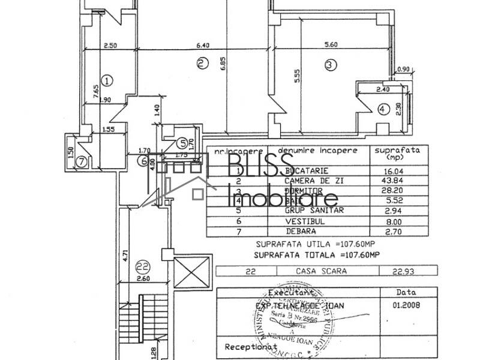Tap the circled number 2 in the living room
[x=202, y=62]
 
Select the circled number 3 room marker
[x=329, y=65]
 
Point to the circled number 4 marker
[x=383, y=109]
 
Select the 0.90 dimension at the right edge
[x=404, y=68]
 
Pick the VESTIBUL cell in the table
[x=298, y=221]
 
